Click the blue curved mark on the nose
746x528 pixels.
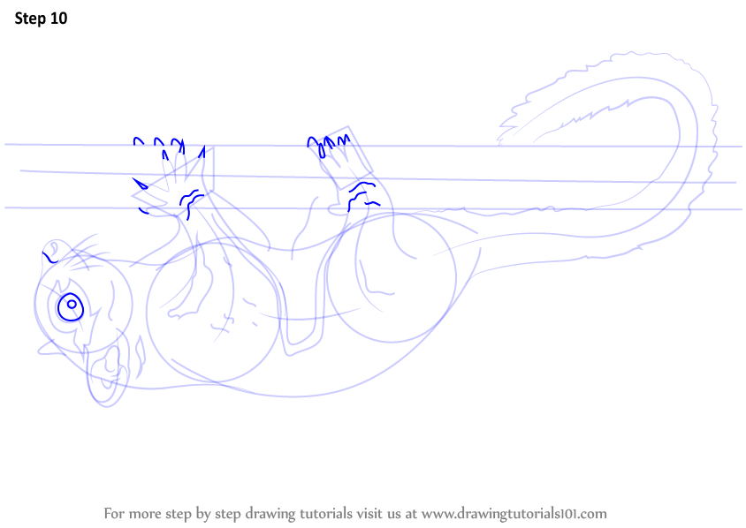[50, 258]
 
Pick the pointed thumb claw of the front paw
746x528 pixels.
[139, 185]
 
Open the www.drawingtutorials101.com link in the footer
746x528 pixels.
[514, 513]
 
